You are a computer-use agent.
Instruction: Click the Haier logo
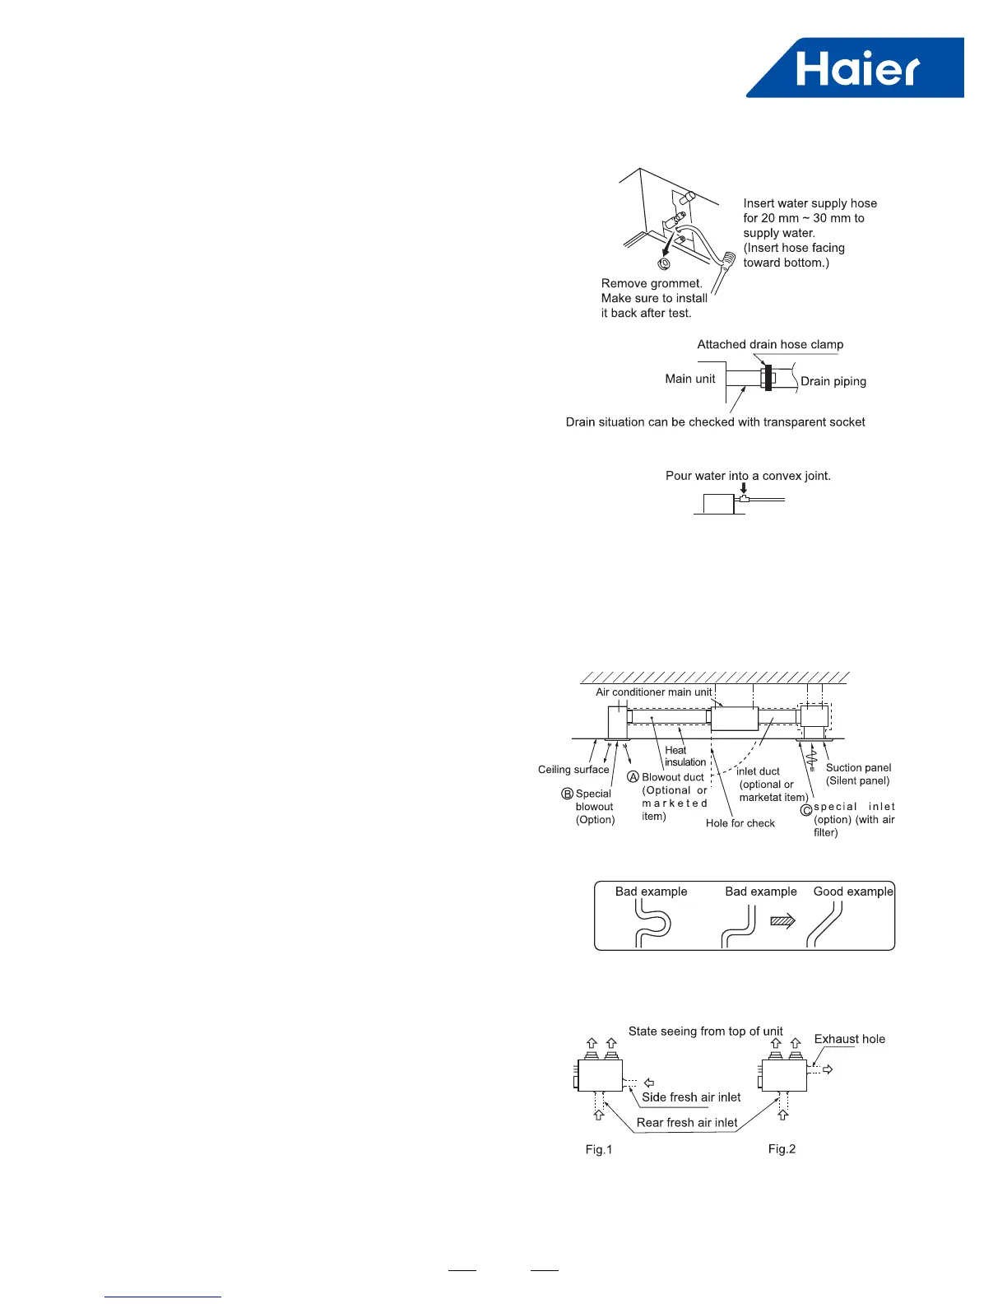pos(856,68)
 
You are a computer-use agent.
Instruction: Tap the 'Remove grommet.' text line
pos(652,283)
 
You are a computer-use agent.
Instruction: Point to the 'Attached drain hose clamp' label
pos(770,344)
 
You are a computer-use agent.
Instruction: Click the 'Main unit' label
pos(690,379)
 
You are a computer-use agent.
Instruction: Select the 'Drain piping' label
pos(833,381)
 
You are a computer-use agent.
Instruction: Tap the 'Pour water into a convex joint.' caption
pos(748,476)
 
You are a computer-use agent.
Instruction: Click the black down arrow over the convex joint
pos(744,488)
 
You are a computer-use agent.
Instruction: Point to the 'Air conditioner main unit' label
pos(654,692)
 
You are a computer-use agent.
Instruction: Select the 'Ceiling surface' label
pos(573,770)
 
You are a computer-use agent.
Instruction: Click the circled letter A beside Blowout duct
pos(633,776)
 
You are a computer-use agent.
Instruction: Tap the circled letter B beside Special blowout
pos(567,794)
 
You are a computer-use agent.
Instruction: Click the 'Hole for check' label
pos(740,823)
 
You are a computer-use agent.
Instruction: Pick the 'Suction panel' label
pos(858,767)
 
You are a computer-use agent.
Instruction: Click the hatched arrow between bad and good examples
pos(782,921)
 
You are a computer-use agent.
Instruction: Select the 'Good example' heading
pos(853,892)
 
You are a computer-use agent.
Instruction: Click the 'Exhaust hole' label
pos(850,1039)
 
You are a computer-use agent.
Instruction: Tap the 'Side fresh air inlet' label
pos(691,1097)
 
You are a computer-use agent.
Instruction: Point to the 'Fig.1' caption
pos(599,1149)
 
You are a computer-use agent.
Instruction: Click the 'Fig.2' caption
pos(782,1148)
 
